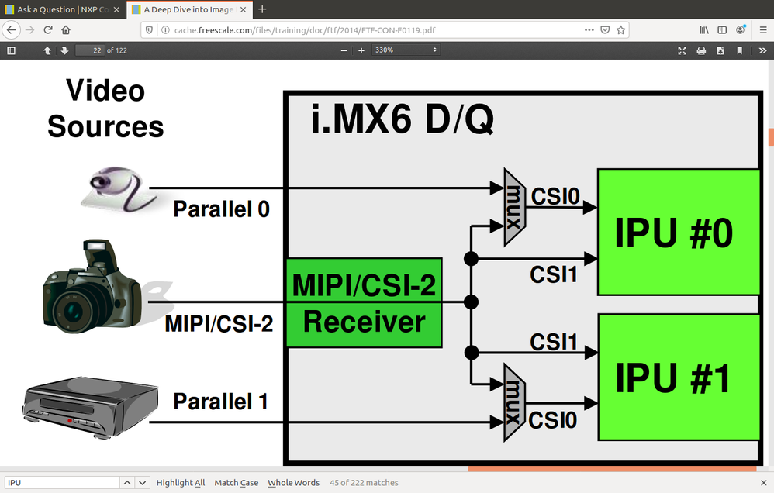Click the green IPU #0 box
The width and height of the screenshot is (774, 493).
click(677, 232)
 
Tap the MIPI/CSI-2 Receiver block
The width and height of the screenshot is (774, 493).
click(364, 303)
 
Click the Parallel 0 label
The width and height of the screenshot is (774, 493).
click(221, 209)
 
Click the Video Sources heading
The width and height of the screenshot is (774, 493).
click(105, 109)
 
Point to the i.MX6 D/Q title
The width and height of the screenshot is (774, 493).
click(402, 121)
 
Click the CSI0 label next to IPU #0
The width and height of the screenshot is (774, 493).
click(555, 197)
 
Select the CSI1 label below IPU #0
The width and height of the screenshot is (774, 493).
click(554, 274)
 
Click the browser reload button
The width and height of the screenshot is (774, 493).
click(48, 29)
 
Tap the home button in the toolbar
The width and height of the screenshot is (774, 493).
click(66, 29)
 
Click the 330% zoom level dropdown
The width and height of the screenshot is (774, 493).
click(406, 50)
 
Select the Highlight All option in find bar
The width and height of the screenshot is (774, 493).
click(181, 483)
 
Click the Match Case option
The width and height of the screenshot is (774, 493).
click(237, 483)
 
